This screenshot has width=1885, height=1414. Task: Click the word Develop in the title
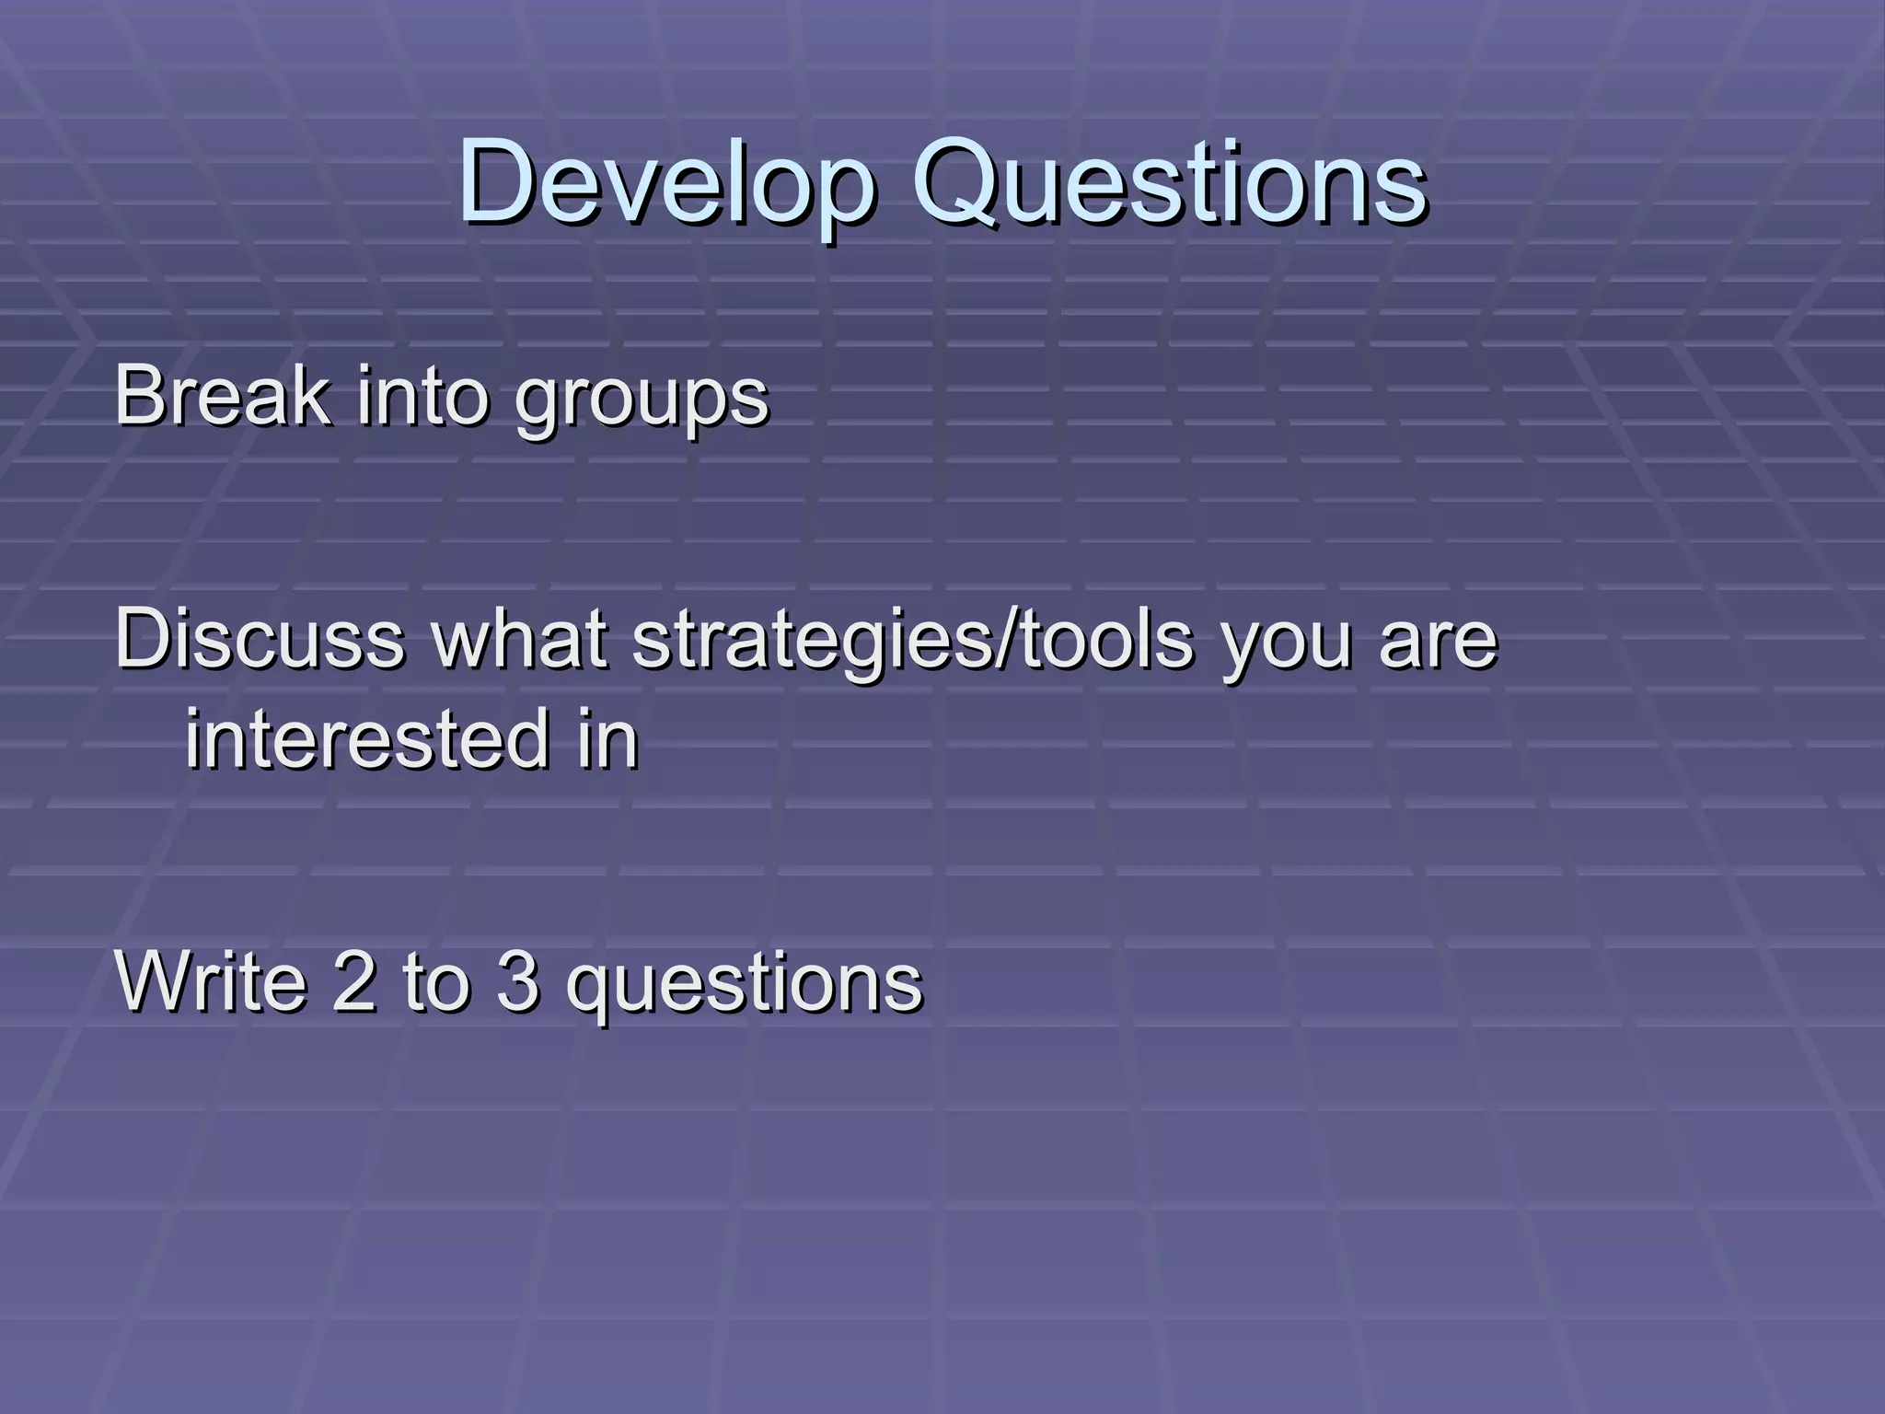point(665,182)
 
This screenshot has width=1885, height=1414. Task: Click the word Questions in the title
point(1169,182)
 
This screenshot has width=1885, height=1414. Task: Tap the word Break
point(222,396)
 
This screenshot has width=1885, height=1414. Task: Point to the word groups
point(642,401)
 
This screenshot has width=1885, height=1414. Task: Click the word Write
point(211,981)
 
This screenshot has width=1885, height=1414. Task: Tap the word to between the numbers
point(436,981)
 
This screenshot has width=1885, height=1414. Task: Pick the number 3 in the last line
point(517,981)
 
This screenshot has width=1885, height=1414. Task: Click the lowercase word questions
point(744,985)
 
